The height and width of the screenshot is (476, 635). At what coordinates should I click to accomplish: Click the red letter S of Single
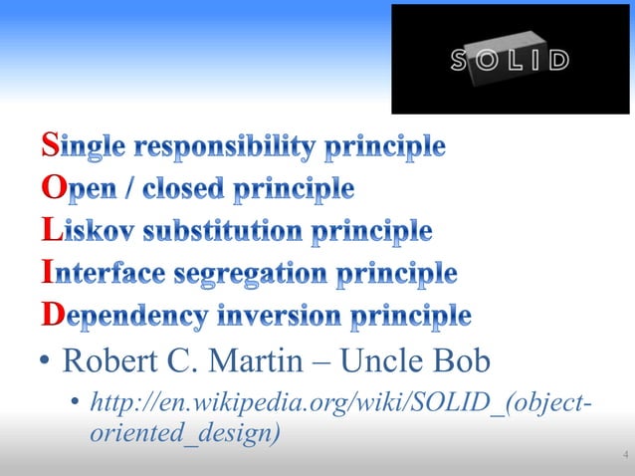pos(51,147)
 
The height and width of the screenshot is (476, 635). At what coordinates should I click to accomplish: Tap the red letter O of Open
pos(52,189)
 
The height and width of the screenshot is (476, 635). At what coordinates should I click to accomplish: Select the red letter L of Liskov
pos(51,232)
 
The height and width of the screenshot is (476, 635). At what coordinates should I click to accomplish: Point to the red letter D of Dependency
pos(52,316)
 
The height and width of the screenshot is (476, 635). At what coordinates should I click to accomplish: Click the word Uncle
pos(384,357)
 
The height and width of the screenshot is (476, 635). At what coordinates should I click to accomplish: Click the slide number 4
pos(624,456)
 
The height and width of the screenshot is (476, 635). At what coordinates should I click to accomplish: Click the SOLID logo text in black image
pos(511,60)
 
